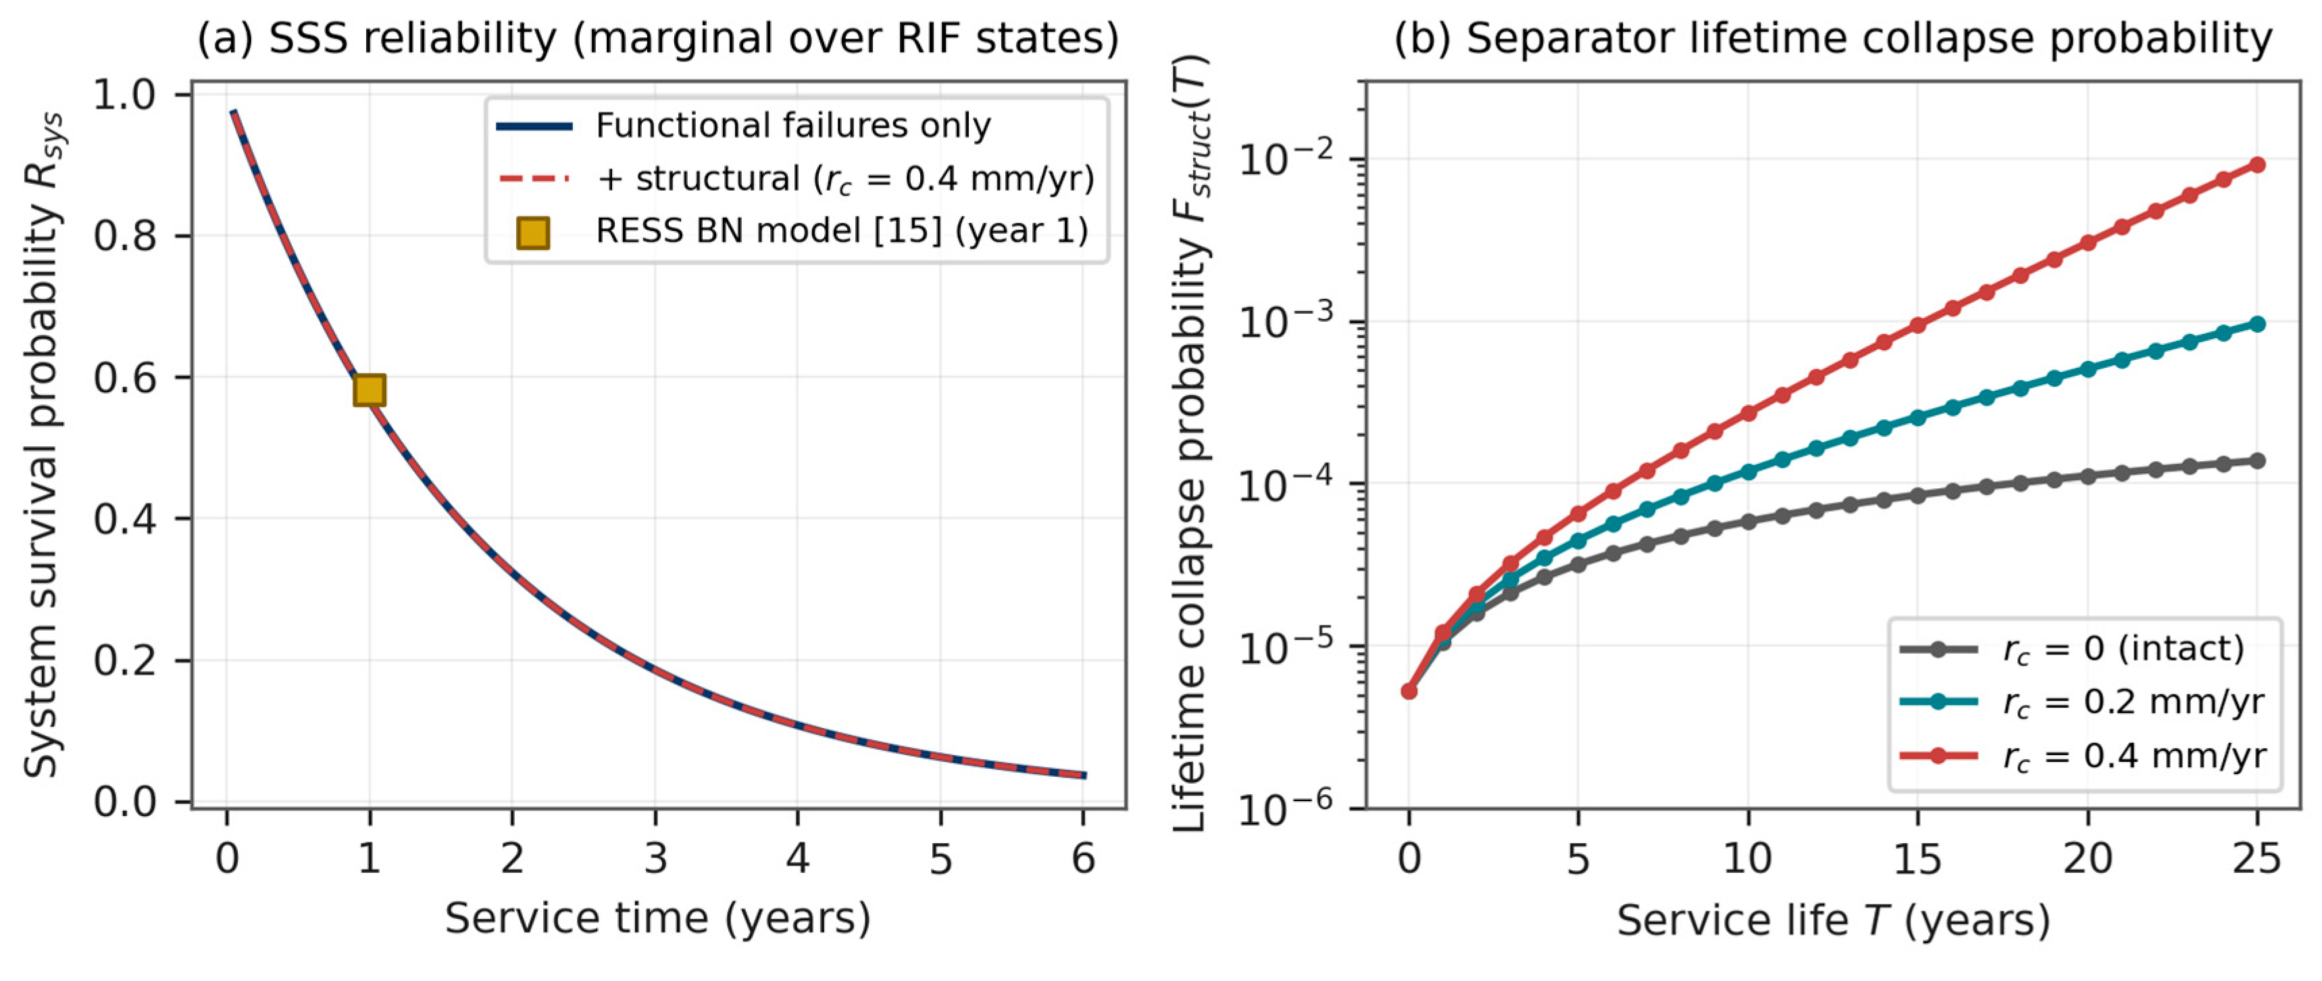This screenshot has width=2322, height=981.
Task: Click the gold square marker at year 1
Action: (x=370, y=389)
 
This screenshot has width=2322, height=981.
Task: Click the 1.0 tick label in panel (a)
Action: (x=124, y=95)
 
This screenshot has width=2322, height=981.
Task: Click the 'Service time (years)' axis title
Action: (x=658, y=919)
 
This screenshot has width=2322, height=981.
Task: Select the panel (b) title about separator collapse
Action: (x=1834, y=39)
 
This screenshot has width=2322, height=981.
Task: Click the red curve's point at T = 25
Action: (x=2258, y=165)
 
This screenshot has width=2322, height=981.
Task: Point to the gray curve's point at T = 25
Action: (x=2258, y=460)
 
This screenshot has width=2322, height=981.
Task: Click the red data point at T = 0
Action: (x=1409, y=692)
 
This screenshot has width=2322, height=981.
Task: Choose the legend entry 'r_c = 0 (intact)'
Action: (x=2074, y=649)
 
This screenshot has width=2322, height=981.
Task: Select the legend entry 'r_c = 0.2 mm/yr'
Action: (x=2082, y=702)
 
